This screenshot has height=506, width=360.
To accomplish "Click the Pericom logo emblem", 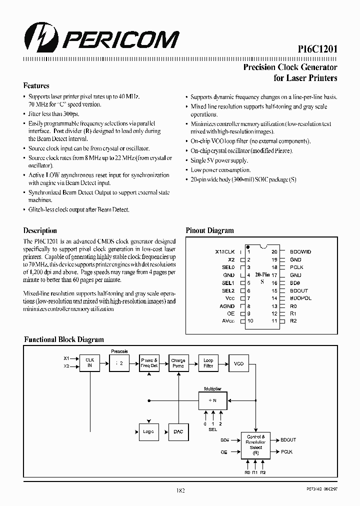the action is (x=39, y=38).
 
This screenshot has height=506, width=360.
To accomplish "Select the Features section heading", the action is (x=36, y=85).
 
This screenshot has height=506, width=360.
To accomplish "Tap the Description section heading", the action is (x=40, y=230).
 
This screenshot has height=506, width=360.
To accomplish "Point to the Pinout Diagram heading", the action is (x=209, y=230).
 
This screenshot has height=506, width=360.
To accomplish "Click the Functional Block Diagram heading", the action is (x=64, y=339).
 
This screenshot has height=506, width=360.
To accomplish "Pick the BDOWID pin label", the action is (x=300, y=252).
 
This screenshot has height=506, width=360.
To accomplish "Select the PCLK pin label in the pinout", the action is (x=296, y=267).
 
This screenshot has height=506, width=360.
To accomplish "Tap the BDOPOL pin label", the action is (x=300, y=298).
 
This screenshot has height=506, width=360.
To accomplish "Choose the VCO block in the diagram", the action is (x=238, y=363).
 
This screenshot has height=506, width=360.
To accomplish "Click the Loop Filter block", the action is (x=208, y=363).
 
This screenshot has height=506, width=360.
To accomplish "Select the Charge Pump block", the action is (x=178, y=363).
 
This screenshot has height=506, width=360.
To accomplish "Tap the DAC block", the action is (x=178, y=431).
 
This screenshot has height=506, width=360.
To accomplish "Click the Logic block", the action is (x=148, y=431).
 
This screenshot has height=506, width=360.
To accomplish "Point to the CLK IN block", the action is (x=90, y=363).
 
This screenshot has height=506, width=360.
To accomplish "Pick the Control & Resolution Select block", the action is (x=255, y=445).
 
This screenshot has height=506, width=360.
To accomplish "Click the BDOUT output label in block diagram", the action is (x=288, y=440).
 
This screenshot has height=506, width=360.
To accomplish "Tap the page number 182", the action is (x=180, y=490).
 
